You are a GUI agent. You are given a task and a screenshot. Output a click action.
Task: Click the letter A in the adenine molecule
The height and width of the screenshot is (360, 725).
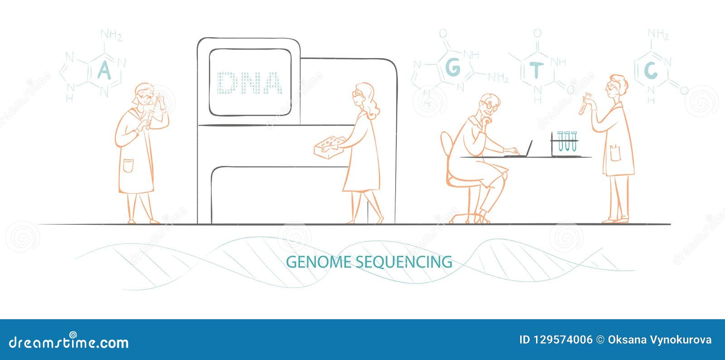coord(104,71)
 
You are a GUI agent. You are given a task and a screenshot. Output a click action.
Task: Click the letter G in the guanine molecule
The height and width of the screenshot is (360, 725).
coord(453,68)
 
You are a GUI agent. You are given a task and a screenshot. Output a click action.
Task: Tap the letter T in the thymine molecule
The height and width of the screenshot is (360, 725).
coord(536,71)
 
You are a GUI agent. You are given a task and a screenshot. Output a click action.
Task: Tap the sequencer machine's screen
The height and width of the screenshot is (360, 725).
coord(250,82)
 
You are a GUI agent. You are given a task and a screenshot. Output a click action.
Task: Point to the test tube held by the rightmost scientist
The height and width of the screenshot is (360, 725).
coord(584,103)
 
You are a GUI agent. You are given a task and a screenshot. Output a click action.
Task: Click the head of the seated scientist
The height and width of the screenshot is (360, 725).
coord(489,106)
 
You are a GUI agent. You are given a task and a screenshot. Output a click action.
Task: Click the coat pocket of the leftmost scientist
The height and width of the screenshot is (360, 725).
coord(128,165)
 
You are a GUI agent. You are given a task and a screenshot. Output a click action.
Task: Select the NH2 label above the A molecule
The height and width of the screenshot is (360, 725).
coord(111,35)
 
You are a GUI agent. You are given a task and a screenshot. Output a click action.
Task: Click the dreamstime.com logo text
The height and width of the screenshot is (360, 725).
coord(69,342)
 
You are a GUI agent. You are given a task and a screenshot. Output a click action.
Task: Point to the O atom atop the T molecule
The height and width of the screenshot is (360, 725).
coord(537,33)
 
